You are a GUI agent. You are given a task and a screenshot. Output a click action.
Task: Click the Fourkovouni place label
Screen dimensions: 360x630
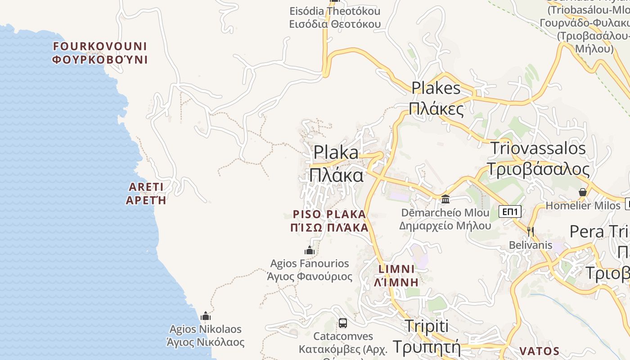tap(100, 53)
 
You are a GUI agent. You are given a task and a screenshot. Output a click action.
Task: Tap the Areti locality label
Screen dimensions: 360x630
tap(146, 193)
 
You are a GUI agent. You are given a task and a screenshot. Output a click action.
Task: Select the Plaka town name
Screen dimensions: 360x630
tap(337, 163)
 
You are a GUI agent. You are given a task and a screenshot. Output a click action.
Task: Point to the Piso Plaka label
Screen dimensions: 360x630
tap(330, 220)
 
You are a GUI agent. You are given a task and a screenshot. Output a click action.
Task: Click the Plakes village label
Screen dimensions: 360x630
tap(436, 98)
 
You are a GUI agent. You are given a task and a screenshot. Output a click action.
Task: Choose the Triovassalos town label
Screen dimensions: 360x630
tap(538, 158)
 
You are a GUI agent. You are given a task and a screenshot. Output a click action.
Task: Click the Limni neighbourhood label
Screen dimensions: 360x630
tap(396, 275)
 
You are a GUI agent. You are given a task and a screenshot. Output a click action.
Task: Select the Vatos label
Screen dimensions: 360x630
tap(540, 351)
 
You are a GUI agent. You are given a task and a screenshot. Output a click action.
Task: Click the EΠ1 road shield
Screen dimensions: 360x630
tap(510, 211)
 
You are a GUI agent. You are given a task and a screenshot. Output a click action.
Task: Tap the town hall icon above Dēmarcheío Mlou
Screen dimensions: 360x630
tap(445, 198)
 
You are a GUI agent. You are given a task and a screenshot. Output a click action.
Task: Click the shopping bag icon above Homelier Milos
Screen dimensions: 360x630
tap(583, 192)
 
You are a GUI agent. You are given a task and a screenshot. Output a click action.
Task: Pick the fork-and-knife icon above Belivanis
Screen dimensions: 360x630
tap(531, 231)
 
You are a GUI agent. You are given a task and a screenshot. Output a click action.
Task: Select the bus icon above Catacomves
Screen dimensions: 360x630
tap(343, 323)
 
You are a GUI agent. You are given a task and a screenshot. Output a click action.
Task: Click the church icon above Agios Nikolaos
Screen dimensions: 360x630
tap(206, 316)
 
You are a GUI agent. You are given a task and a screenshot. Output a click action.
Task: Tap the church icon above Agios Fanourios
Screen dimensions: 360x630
tap(310, 250)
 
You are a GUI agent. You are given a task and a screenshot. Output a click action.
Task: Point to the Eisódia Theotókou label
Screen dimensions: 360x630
tap(335, 17)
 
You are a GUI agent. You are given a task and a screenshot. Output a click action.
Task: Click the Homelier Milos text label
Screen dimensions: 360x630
tap(583, 206)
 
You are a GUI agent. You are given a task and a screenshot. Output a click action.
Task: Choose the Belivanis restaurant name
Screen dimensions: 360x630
tap(531, 245)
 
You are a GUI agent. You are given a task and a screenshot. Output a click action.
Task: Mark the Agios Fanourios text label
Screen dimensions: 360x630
tap(310, 270)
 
